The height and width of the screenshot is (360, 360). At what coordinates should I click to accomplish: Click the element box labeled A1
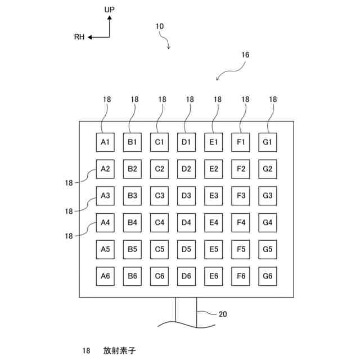(105, 142)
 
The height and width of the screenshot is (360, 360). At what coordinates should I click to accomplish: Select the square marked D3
(187, 196)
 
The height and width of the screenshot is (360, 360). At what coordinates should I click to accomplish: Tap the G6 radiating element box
(268, 276)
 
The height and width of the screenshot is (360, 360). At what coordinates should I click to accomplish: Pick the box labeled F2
(241, 169)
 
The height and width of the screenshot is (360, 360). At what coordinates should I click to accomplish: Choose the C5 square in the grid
(159, 249)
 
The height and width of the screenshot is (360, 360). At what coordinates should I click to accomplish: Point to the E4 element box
(214, 222)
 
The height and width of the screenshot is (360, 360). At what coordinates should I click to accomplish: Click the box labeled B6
(132, 276)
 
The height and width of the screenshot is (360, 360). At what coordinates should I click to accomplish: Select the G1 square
(268, 142)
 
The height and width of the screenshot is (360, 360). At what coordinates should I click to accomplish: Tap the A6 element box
(105, 276)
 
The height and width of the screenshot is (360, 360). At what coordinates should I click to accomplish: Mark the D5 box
(187, 249)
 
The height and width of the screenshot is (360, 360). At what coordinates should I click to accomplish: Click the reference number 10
(159, 26)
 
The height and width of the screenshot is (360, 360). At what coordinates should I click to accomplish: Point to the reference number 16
(245, 55)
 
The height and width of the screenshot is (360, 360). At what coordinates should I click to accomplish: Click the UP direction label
(110, 10)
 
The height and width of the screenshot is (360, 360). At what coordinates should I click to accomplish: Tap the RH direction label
(79, 37)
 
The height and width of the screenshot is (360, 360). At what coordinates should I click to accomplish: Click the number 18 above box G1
(273, 100)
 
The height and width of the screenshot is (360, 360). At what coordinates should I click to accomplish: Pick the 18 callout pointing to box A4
(69, 236)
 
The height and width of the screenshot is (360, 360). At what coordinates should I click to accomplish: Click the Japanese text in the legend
(119, 350)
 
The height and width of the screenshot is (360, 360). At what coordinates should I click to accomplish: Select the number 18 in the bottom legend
(87, 350)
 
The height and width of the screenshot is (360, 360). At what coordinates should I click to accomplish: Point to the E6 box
(214, 276)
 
